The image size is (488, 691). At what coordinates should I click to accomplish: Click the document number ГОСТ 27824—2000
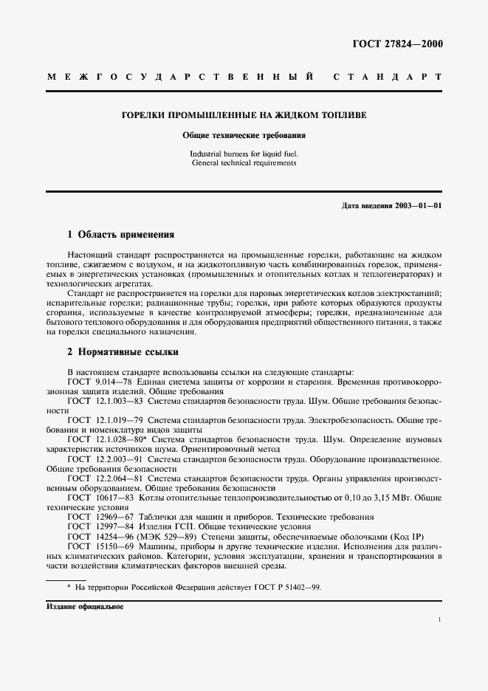(x=402, y=44)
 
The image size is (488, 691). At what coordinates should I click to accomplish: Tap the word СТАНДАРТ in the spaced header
(x=388, y=77)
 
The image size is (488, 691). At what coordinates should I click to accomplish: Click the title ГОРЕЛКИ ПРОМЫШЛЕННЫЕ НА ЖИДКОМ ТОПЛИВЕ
(x=244, y=116)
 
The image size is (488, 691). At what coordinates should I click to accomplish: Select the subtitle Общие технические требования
(x=244, y=136)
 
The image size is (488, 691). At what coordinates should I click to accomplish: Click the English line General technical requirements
(x=244, y=162)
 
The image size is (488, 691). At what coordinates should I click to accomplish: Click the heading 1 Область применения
(x=120, y=235)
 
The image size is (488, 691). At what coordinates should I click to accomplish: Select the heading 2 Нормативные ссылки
(x=123, y=352)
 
